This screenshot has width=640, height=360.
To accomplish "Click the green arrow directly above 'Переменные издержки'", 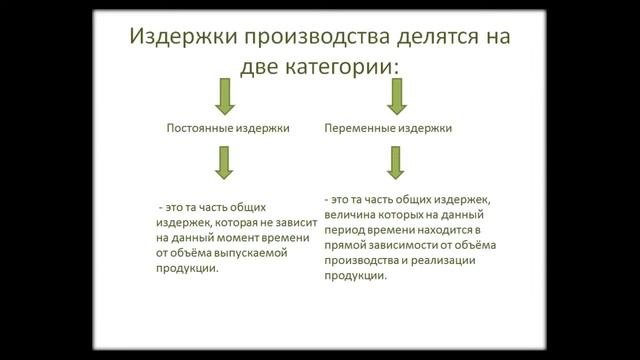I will coord(397,97).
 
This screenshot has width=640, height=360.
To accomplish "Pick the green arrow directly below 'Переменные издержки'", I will coord(396,161).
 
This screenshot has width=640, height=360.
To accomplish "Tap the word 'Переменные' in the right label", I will coord(359,128).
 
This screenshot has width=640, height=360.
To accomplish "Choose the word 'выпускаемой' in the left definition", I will coord(253,253).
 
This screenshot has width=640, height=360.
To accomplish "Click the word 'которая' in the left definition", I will coord(237,223).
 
